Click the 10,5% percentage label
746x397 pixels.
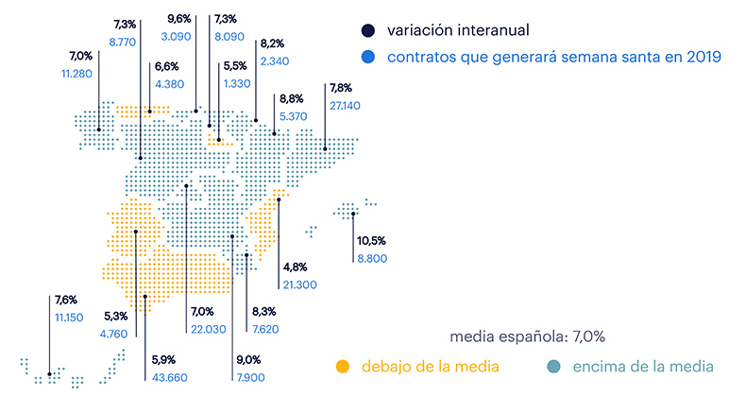coord(371,241)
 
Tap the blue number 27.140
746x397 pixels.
coord(345,106)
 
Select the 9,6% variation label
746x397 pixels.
coord(179,19)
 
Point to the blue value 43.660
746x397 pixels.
coord(169,377)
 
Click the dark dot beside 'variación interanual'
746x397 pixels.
coord(367,30)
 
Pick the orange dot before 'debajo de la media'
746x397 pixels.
coord(342,367)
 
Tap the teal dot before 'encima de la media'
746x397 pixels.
coord(553,367)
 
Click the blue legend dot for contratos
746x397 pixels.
coord(367,57)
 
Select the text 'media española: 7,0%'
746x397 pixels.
coord(527,337)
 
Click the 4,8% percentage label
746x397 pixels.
coord(296,268)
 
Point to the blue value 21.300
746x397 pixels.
coord(299,285)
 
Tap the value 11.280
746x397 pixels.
coord(76,74)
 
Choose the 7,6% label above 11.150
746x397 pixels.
coord(66,300)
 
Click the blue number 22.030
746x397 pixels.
coord(209,329)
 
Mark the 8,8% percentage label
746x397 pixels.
coord(292,99)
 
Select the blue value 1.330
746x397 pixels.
coord(237,84)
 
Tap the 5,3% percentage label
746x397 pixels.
coord(116,316)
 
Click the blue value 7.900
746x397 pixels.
coord(251,377)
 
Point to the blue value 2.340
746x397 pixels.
coord(275,61)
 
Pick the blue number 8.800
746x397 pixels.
coord(372,258)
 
